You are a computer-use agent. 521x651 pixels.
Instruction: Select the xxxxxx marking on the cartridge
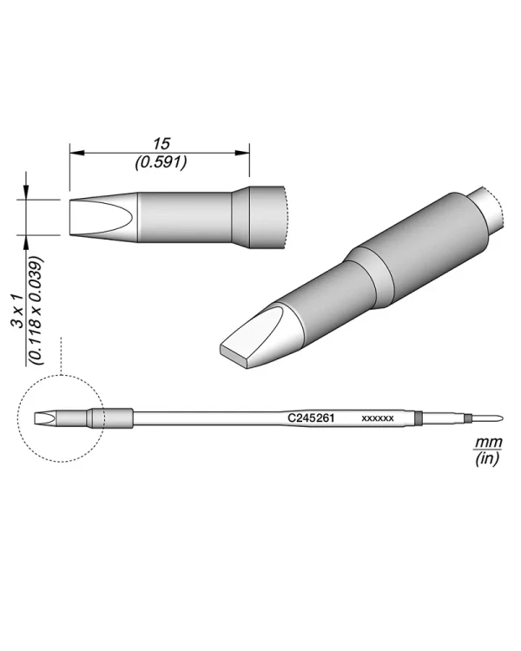378,418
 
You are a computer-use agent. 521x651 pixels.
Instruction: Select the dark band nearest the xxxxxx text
419,418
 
